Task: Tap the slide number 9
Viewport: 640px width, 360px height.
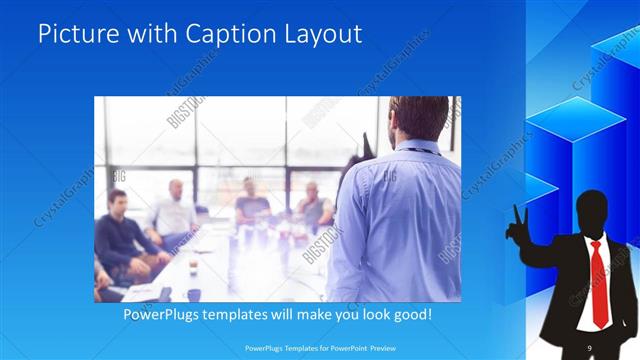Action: (590, 347)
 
